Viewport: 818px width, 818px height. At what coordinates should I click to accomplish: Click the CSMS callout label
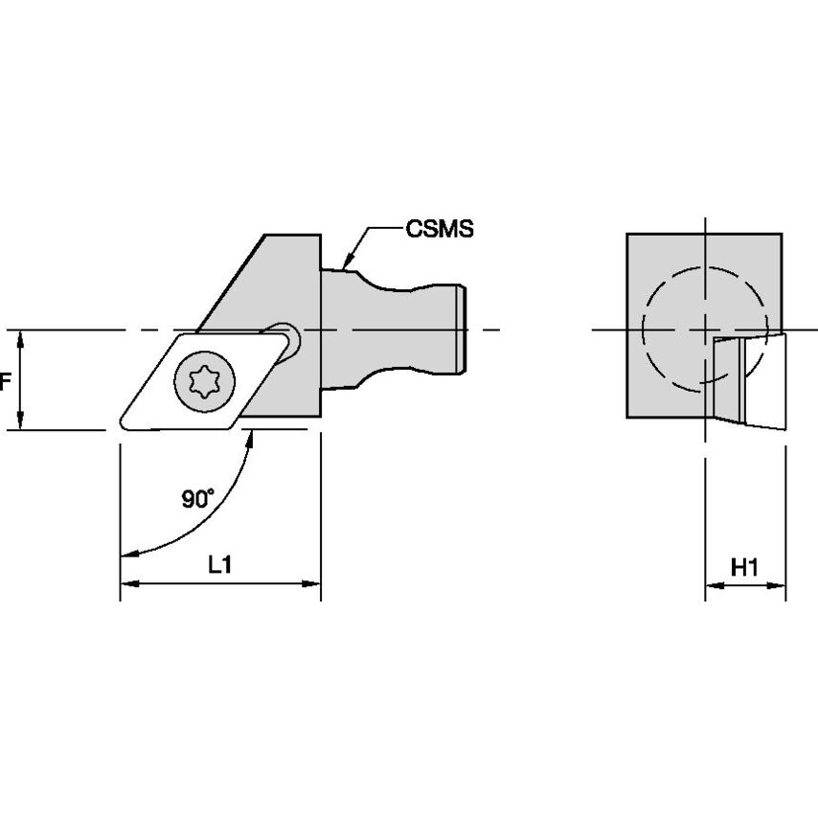(x=440, y=230)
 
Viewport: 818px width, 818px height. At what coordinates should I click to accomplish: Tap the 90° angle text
(x=198, y=498)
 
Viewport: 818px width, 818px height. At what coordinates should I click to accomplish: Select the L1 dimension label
(x=220, y=565)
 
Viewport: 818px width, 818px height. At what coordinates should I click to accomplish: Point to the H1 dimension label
(x=744, y=568)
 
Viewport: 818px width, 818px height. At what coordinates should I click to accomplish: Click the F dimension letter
(x=5, y=381)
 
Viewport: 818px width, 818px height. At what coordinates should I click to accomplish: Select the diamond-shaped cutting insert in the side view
(x=153, y=402)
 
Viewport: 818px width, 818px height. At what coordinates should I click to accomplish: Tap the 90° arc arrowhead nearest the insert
(x=252, y=437)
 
